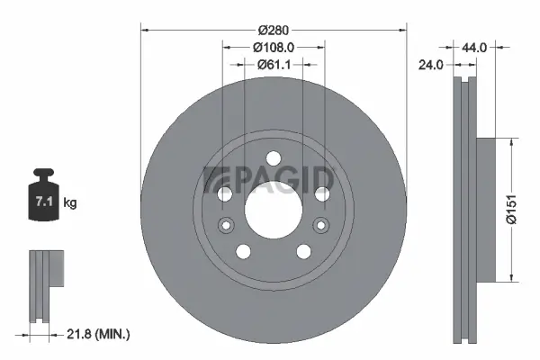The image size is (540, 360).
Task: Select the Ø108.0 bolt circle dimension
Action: click(x=274, y=47)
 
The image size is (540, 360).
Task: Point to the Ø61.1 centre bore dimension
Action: click(x=274, y=64)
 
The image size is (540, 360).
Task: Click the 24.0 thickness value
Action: click(x=434, y=64)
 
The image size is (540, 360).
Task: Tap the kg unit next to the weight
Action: click(x=70, y=203)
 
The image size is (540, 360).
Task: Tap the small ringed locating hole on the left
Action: click(x=227, y=225)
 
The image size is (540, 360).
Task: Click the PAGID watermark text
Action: click(x=270, y=178)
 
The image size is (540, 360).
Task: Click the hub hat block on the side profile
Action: click(x=482, y=210)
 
